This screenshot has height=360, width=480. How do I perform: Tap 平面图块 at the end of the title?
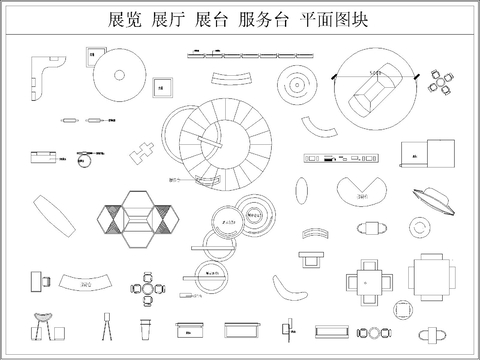coord(336,19)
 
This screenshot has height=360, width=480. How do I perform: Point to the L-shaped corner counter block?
coord(45,79)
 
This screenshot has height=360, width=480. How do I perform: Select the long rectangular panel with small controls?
coord(342,157)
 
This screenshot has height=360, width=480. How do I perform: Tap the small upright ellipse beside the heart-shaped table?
coord(303,188)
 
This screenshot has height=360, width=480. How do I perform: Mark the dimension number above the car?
coord(375,73)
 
